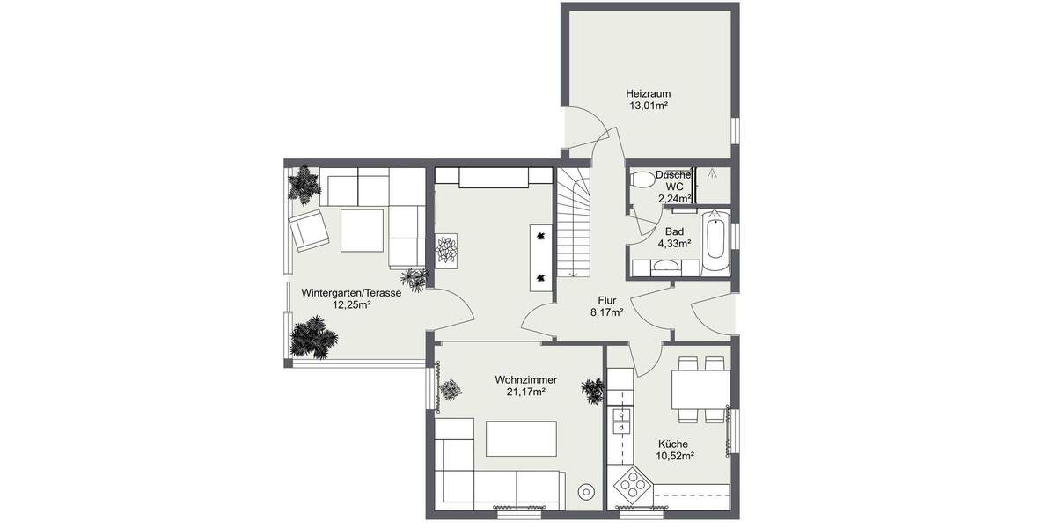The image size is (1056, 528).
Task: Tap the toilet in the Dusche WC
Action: pyautogui.click(x=643, y=180)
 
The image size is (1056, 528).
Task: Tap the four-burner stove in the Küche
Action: pyautogui.click(x=633, y=483)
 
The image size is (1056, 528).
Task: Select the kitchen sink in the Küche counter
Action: pyautogui.click(x=622, y=421)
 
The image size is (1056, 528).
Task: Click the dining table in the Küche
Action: pyautogui.click(x=700, y=387)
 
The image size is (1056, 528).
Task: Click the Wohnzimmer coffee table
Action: pyautogui.click(x=522, y=437)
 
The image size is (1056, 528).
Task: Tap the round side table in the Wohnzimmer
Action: pyautogui.click(x=584, y=492)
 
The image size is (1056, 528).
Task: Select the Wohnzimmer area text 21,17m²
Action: pyautogui.click(x=525, y=392)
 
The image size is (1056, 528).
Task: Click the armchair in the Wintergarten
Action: pyautogui.click(x=308, y=230)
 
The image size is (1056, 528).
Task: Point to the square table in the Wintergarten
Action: pyautogui.click(x=363, y=230)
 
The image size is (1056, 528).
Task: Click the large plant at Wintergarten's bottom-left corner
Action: pyautogui.click(x=312, y=337)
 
